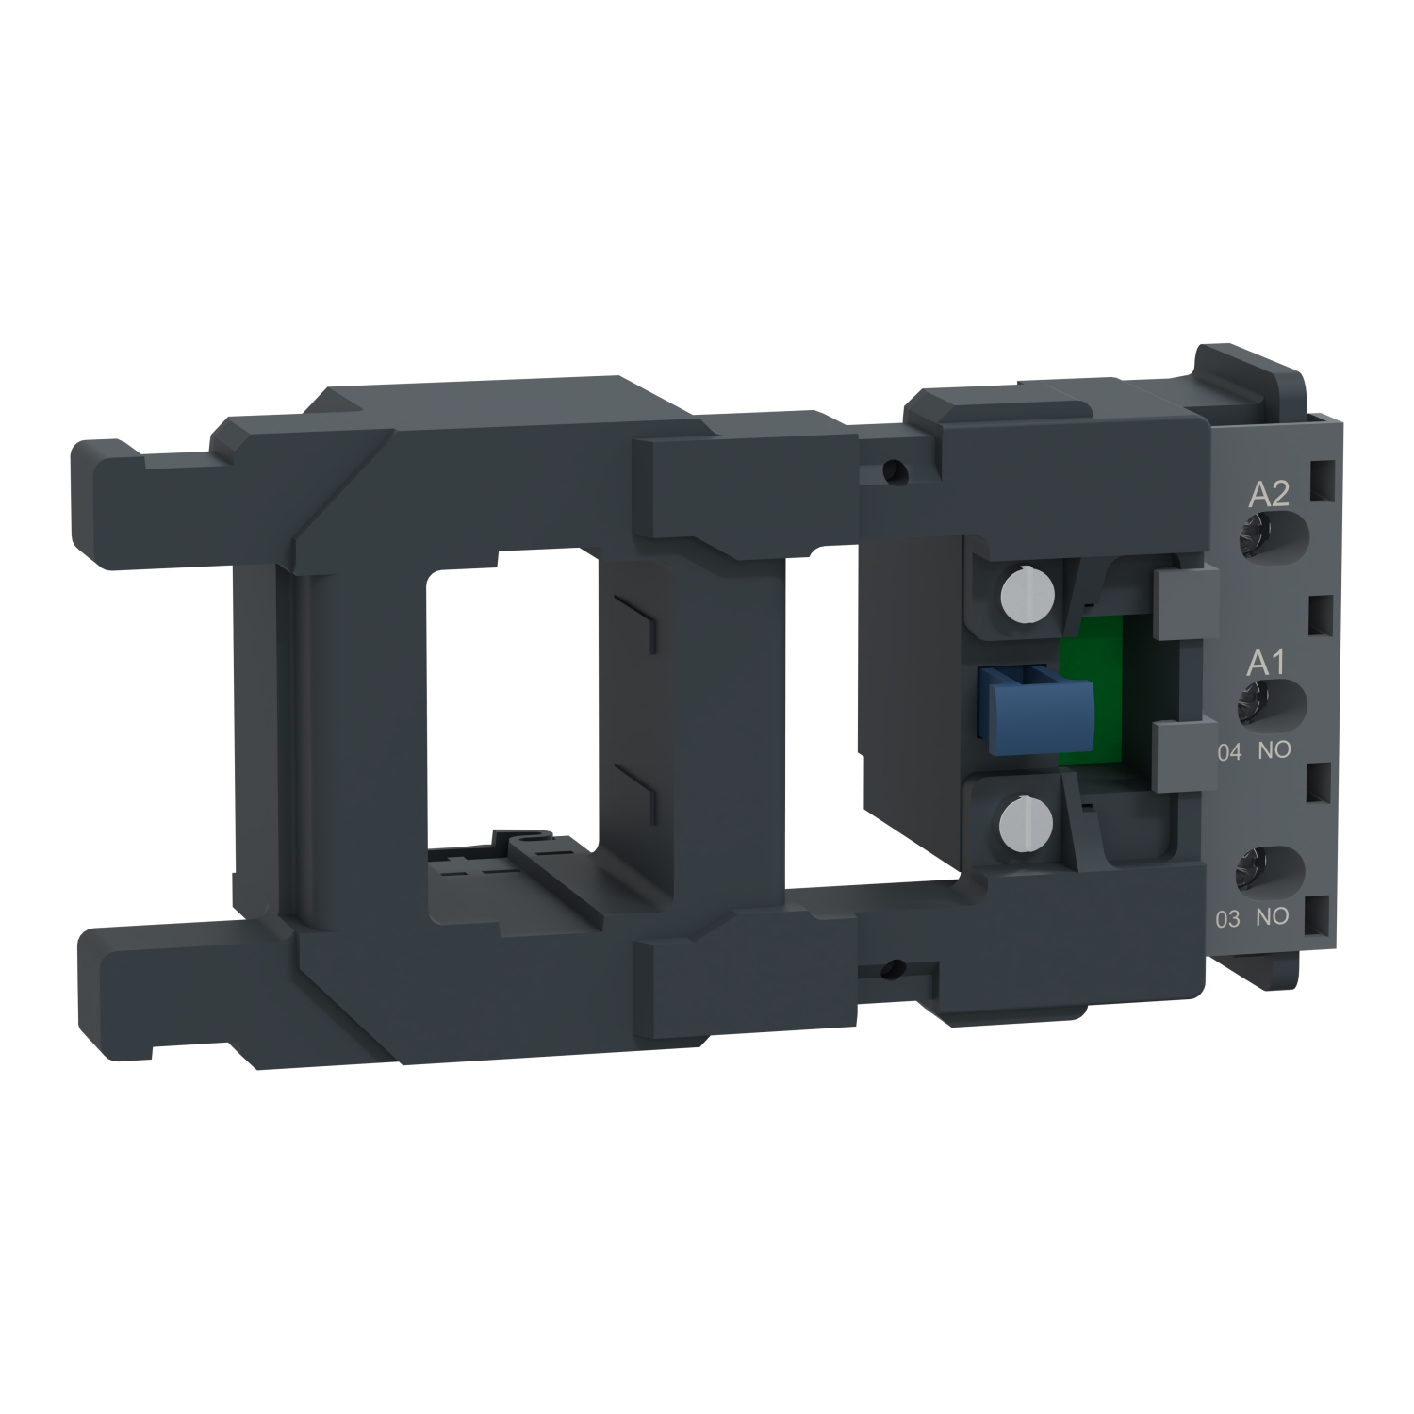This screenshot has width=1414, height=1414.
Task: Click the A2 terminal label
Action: (x=1268, y=496)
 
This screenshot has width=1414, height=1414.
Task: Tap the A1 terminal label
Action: (x=1265, y=663)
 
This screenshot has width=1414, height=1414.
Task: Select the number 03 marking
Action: (x=1227, y=919)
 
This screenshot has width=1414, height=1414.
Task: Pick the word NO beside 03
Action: (x=1274, y=918)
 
